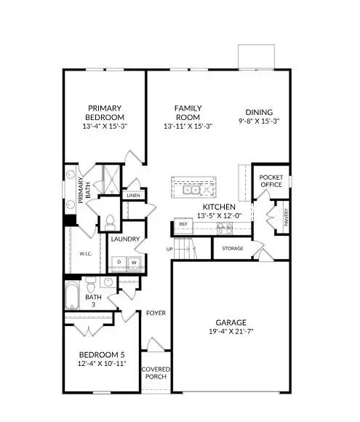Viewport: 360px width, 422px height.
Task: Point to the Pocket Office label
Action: tap(271, 180)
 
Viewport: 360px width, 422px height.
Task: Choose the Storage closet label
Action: tap(233, 249)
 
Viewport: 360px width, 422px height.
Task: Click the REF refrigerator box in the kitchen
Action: tap(183, 225)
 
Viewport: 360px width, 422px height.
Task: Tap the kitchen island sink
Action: tap(192, 191)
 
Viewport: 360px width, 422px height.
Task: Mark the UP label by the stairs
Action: tap(170, 249)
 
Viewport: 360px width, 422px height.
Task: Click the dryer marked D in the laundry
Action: tap(119, 262)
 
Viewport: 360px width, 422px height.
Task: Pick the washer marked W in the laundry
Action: tap(134, 262)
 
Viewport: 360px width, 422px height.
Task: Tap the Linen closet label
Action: tap(132, 196)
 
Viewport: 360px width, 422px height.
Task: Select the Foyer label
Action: tap(156, 313)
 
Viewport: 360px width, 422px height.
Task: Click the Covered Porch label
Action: tap(154, 373)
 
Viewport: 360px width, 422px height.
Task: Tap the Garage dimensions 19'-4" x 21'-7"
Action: tap(230, 333)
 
